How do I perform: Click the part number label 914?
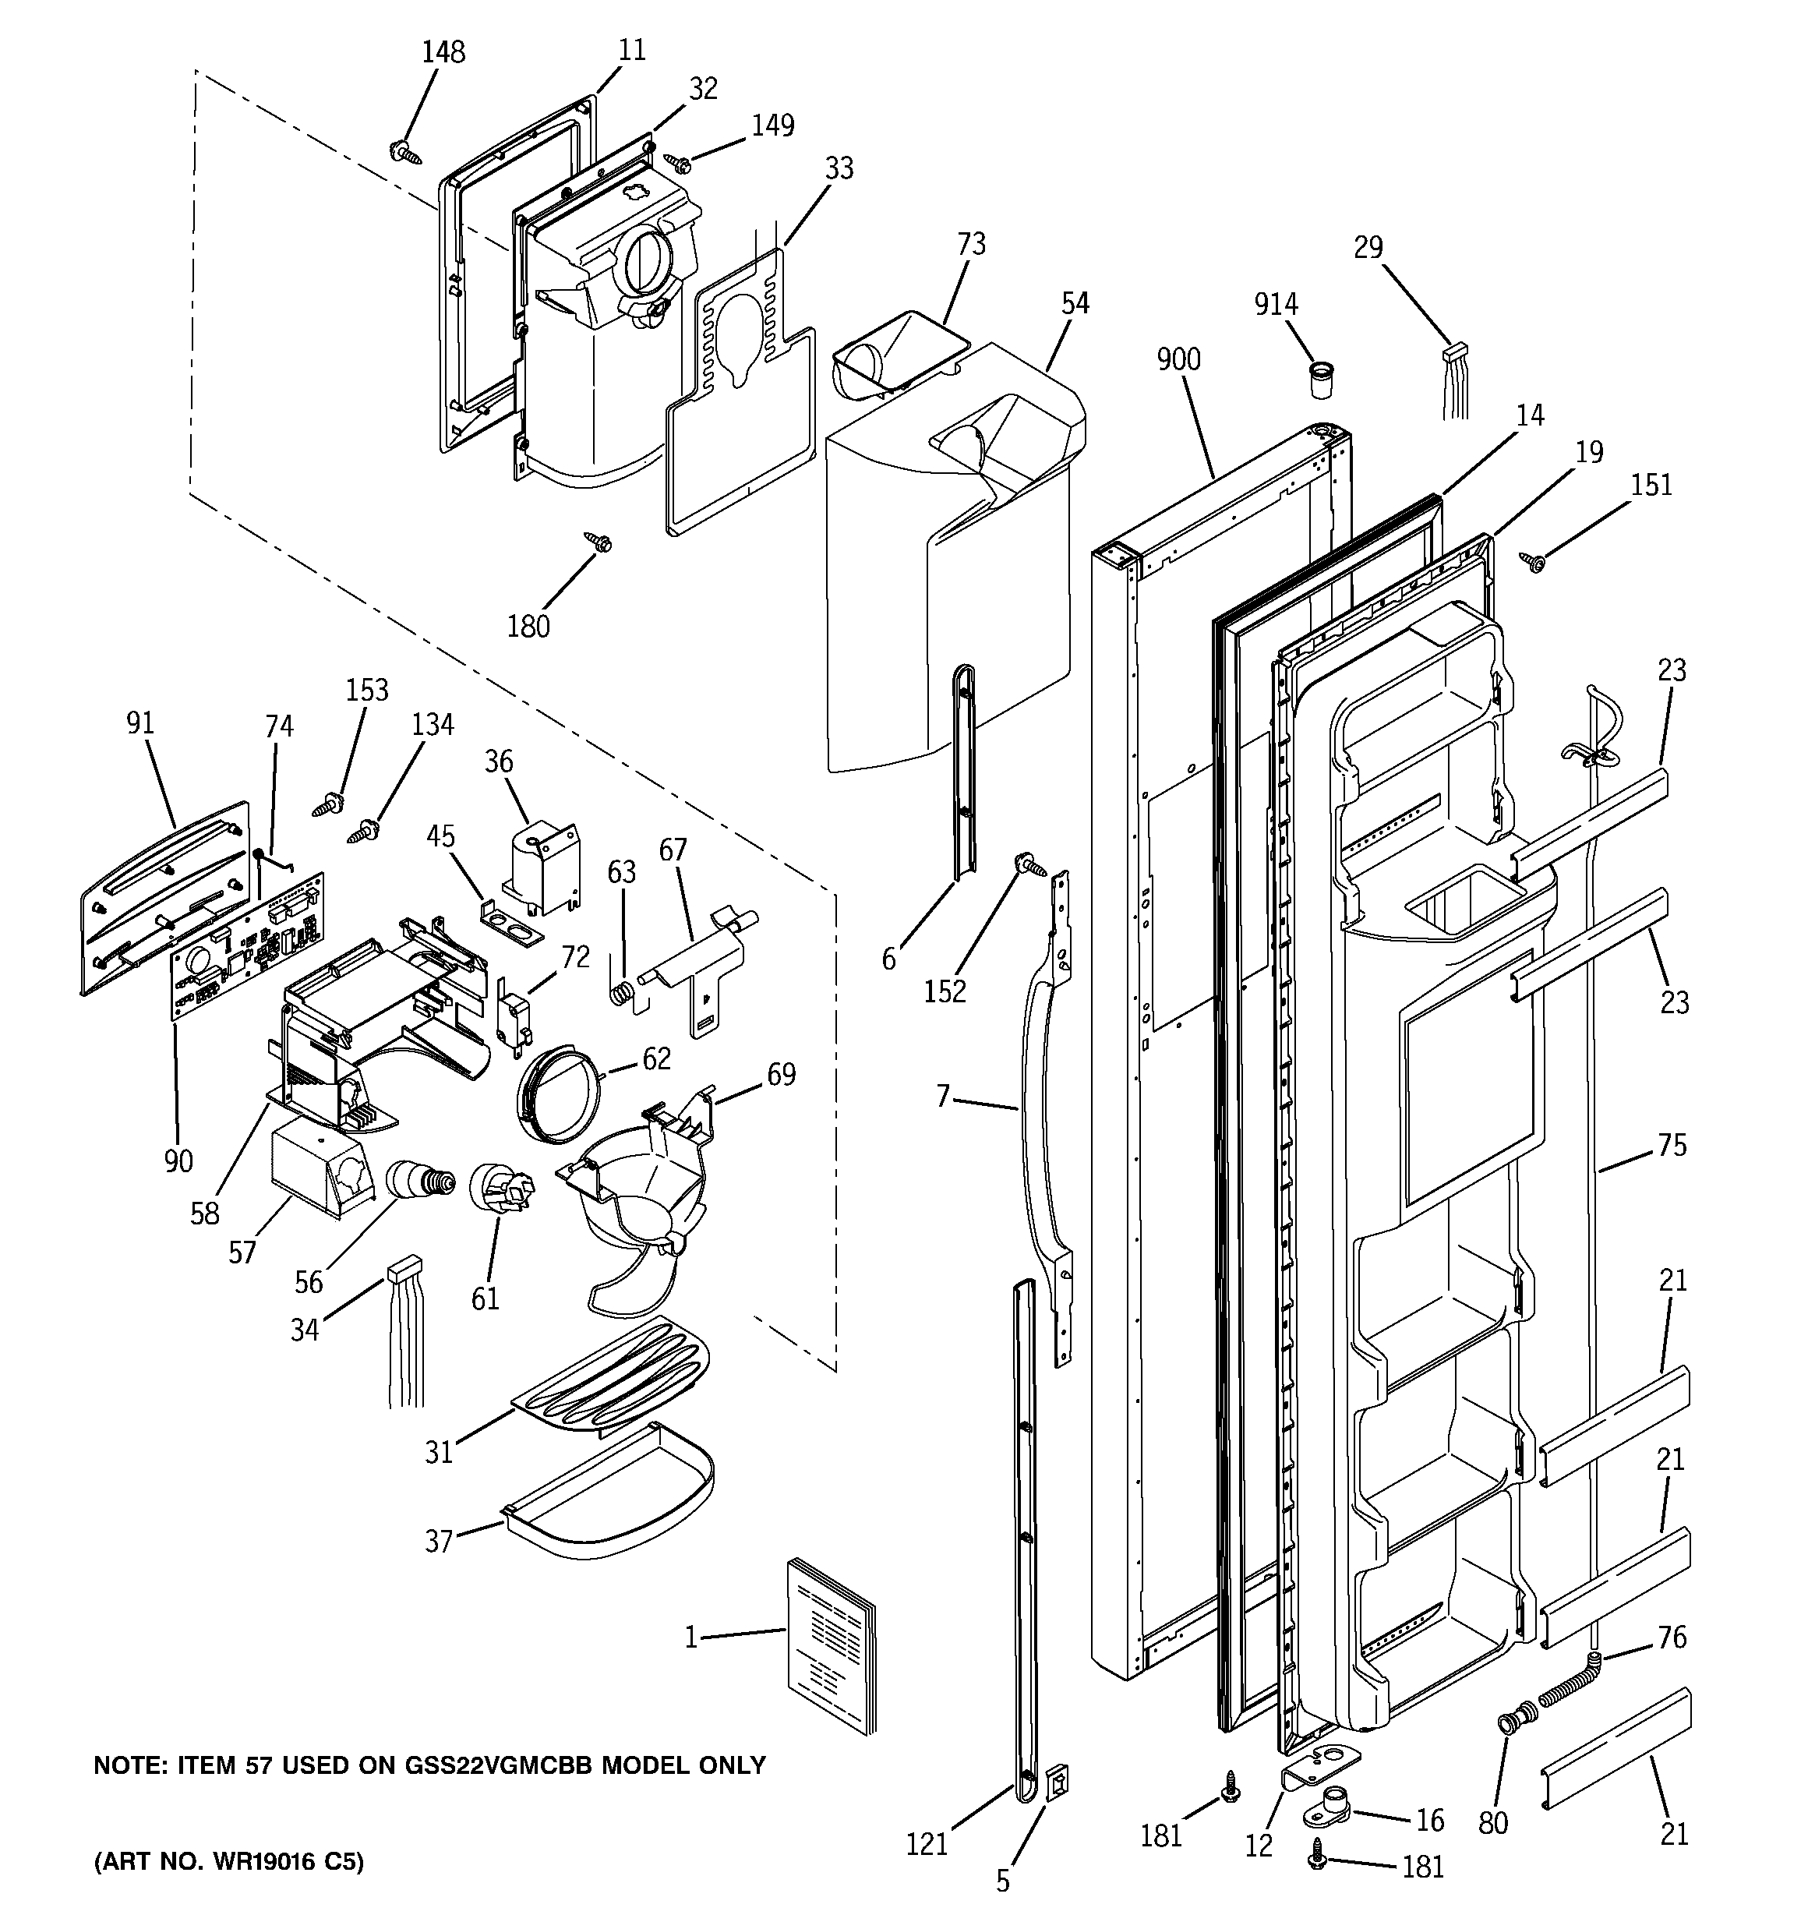coord(1275,304)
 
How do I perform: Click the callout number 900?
coord(1178,359)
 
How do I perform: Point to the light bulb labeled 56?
coord(419,1181)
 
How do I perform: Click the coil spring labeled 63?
coord(627,994)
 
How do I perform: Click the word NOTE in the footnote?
coord(122,1765)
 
